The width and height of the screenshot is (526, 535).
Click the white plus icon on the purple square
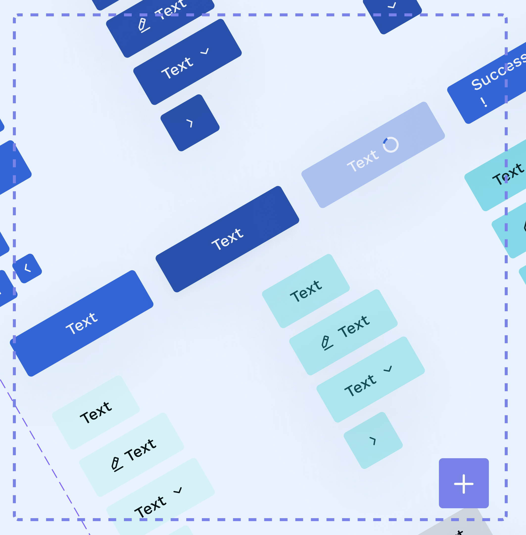coord(464,484)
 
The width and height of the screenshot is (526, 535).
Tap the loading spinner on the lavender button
coord(391,145)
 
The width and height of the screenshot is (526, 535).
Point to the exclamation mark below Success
coord(483,102)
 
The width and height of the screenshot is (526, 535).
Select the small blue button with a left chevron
coord(27,268)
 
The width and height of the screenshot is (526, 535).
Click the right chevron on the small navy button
coord(190,123)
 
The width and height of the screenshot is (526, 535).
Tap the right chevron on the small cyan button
coord(373,440)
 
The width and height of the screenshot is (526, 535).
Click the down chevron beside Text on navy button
coord(205,51)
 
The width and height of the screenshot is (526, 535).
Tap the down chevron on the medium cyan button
coord(388,369)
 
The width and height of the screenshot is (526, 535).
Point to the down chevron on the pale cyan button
coord(178,490)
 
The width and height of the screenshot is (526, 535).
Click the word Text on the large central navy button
coord(227,239)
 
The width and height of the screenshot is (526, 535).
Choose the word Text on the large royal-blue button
coord(81,323)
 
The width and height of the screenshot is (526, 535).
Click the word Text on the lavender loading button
coord(363,161)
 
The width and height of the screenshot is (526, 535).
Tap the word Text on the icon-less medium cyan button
coord(306,291)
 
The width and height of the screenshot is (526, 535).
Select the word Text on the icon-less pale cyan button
coord(96,413)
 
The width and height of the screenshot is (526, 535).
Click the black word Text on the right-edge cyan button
coord(508,174)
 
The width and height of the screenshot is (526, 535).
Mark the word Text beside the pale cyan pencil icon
coord(140,450)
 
